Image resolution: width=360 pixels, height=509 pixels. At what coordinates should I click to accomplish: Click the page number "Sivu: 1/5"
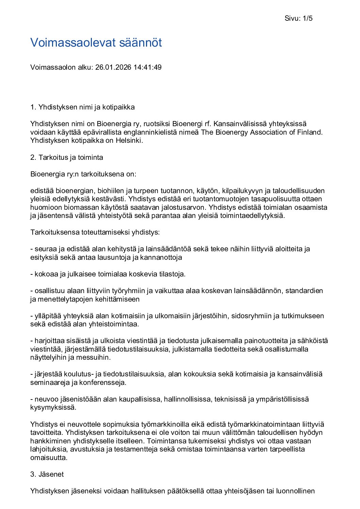[x=298, y=18]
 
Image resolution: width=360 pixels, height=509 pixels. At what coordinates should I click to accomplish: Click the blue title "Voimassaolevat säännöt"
[x=96, y=43]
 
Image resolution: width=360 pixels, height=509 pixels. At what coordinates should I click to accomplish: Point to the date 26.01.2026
[x=113, y=67]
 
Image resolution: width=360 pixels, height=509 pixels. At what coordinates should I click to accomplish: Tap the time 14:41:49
[x=147, y=67]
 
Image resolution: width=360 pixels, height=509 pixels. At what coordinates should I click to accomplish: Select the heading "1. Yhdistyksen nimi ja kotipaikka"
[x=82, y=107]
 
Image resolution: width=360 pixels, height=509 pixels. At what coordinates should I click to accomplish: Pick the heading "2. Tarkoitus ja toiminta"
[x=67, y=157]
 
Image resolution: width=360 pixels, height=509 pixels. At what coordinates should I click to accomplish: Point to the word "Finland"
[x=309, y=132]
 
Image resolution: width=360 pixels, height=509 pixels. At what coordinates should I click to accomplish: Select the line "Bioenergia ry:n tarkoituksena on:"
[x=83, y=174]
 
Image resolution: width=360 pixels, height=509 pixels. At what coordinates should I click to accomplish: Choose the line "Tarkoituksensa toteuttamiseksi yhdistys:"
[x=95, y=232]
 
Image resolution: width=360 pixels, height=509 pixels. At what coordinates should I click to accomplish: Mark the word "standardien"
[x=304, y=291]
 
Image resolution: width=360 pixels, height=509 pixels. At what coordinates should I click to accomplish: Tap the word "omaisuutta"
[x=48, y=458]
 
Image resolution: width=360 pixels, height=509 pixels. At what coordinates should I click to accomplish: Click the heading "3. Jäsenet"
[x=47, y=474]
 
